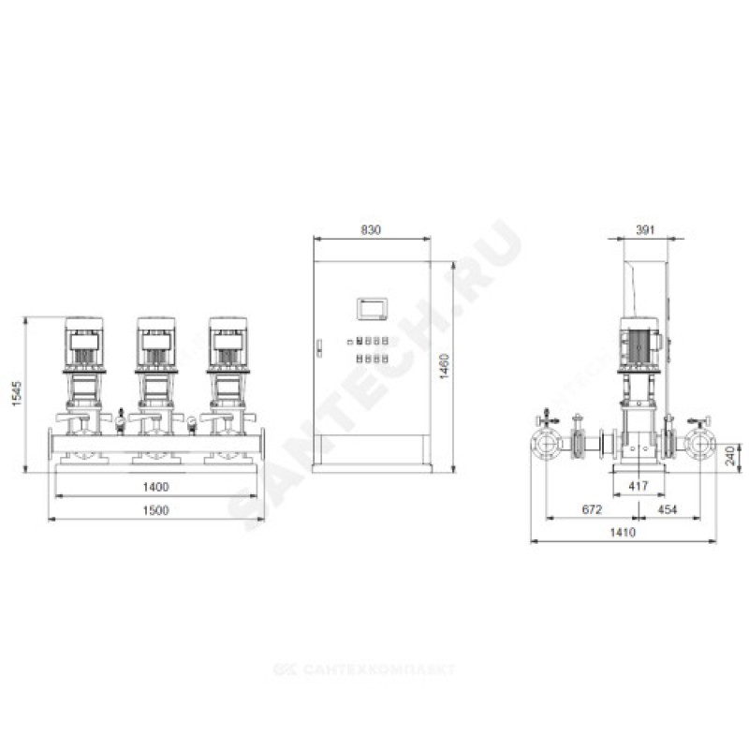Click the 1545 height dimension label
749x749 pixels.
point(17,393)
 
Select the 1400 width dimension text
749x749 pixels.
point(155,487)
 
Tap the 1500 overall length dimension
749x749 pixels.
point(155,510)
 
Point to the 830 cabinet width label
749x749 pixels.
point(371,229)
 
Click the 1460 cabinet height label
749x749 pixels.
point(444,366)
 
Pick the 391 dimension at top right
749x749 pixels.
point(645,229)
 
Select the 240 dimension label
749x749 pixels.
point(730,456)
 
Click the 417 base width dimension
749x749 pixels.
point(639,486)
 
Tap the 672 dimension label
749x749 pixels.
point(592,509)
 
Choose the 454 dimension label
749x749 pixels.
point(668,509)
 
